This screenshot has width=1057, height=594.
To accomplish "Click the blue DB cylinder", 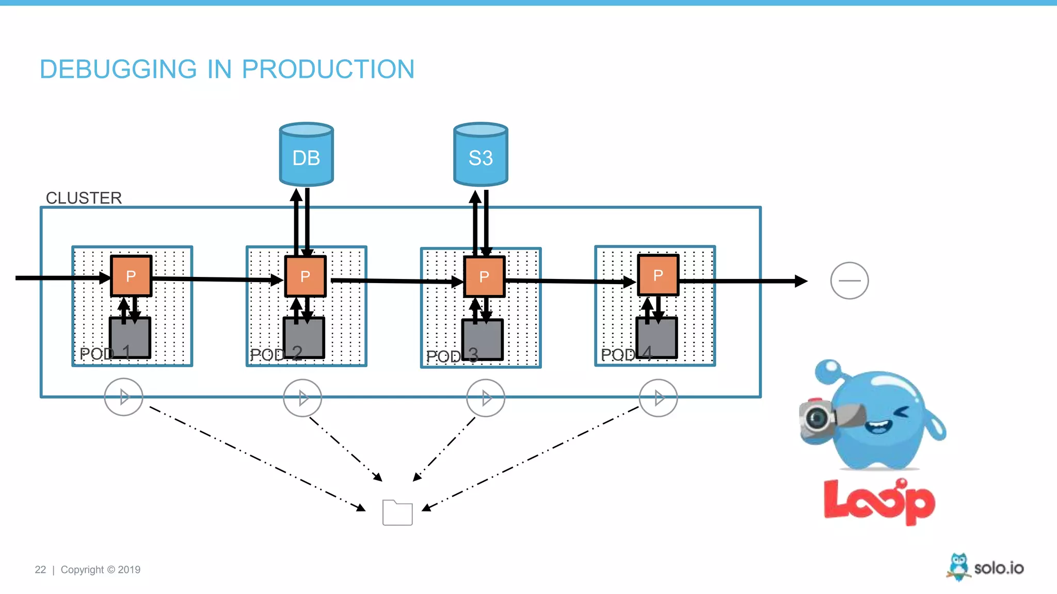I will pos(306,155).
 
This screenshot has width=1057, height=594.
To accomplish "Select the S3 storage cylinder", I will pos(481,155).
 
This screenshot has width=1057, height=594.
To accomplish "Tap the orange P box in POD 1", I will pos(131,276).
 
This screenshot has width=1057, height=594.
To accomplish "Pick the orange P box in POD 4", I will pos(658,275).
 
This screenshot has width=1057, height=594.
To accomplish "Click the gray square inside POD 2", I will pos(304,338).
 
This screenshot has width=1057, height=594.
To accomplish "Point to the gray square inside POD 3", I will pos(483,339).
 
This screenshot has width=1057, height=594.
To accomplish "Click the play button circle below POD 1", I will pos(123,397).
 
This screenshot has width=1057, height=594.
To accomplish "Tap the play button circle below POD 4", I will pos(658,398).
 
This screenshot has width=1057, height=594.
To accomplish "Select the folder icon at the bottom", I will pos(397,513).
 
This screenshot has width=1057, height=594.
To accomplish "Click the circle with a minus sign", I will pos(849,280).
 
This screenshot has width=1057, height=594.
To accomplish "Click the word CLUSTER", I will pos(84,198).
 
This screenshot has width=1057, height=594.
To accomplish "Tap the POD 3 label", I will pos(452,356).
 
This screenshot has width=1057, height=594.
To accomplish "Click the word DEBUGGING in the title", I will pos(118,69).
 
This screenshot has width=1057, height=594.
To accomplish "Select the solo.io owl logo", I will pos(958,567).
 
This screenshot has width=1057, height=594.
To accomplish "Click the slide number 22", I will pos(40,570).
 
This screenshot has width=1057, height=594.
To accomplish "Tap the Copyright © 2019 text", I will pos(101,570).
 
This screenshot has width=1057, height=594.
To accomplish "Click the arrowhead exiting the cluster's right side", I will pos(801,281).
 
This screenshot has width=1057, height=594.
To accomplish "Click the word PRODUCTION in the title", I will pos(328,69).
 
